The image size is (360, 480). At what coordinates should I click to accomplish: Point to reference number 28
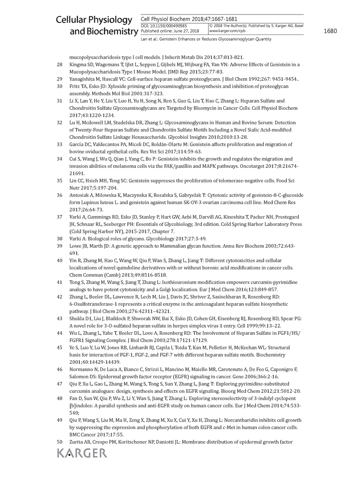coord(59,65)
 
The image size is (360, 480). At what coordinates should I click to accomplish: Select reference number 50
coord(59,441)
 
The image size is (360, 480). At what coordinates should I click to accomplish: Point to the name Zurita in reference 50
coord(77,441)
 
